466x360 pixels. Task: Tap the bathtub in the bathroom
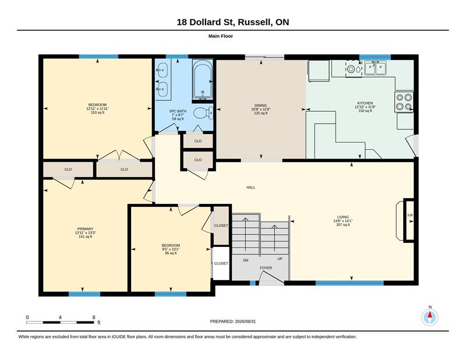[202, 80]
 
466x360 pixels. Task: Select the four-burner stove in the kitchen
[404, 102]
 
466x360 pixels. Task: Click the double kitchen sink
[375, 68]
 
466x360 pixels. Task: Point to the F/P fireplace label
[410, 215]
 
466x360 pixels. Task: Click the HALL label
[251, 188]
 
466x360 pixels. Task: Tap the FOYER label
[266, 268]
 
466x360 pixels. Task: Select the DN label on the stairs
[246, 260]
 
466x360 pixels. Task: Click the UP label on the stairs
[280, 259]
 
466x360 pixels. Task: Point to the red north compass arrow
[430, 315]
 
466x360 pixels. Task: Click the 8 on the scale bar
[94, 317]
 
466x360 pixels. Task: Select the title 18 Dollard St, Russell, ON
[232, 22]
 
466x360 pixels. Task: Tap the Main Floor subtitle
[221, 36]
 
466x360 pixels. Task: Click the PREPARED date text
[232, 322]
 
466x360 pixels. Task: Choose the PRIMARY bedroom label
[85, 229]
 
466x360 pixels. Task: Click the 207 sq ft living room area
[343, 225]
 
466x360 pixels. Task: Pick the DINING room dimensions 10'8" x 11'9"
[260, 109]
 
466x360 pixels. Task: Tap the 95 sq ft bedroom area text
[171, 253]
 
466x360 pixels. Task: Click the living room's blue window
[349, 283]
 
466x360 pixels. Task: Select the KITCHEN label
[365, 103]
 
